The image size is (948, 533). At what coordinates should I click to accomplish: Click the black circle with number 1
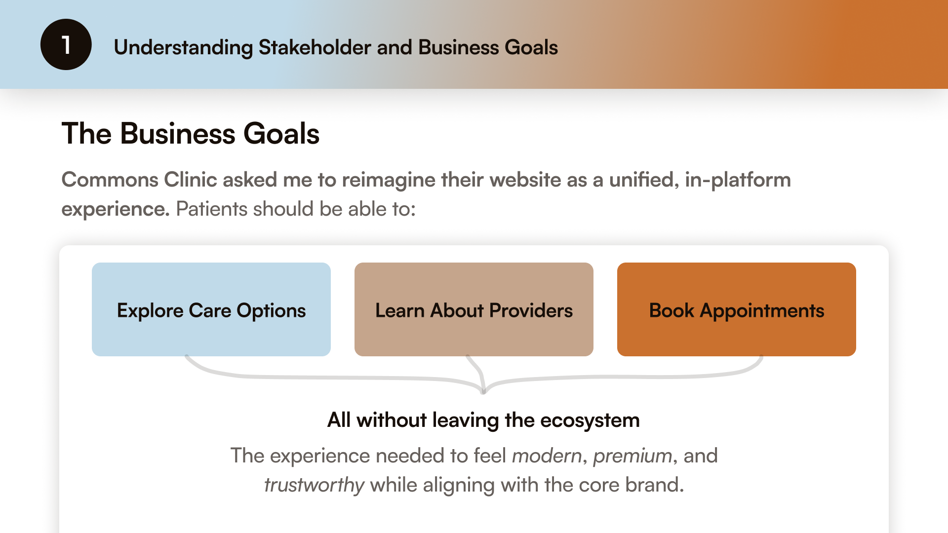click(66, 44)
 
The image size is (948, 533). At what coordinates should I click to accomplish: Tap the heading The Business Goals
click(190, 134)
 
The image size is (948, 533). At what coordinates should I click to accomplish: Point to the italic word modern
click(547, 456)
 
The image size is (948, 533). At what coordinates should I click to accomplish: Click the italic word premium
click(632, 456)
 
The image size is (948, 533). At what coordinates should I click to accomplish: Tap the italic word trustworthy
click(314, 485)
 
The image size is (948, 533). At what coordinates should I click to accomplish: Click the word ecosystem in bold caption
click(590, 420)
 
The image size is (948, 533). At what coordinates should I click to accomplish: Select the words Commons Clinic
click(139, 180)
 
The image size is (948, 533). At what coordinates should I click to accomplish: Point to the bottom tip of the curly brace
click(483, 392)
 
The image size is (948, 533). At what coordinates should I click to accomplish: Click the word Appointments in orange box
click(762, 311)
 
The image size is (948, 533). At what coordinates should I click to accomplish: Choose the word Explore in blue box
click(150, 311)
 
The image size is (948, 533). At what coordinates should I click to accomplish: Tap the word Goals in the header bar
click(531, 47)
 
